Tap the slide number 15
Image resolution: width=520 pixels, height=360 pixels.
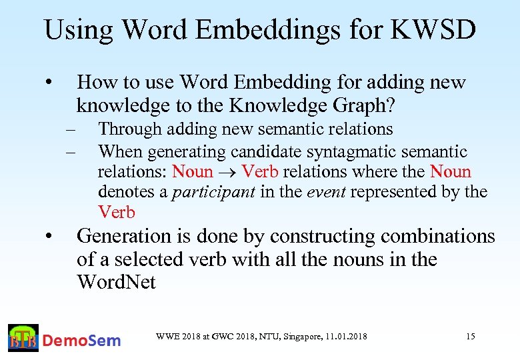point(470,337)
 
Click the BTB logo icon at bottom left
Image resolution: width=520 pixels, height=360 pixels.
point(23,339)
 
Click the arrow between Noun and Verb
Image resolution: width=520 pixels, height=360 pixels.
point(227,172)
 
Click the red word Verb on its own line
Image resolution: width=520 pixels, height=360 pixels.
point(117,213)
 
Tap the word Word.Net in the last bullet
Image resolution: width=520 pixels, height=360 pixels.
point(116,282)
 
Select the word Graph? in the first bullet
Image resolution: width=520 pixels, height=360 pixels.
point(363,105)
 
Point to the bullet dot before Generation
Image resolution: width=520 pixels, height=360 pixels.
point(49,237)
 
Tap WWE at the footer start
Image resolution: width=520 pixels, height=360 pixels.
point(165,337)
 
